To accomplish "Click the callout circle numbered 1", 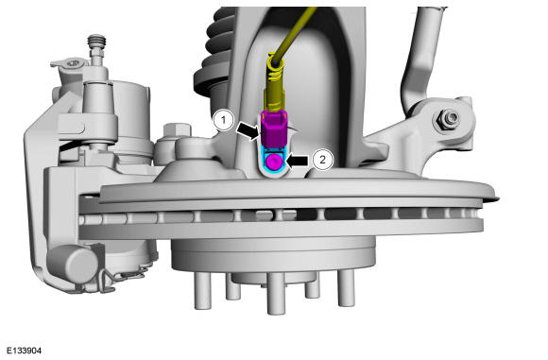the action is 224,121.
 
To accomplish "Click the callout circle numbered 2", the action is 322,160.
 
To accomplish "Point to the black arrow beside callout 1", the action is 249,130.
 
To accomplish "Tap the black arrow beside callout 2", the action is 298,161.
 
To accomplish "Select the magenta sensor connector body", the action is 274,129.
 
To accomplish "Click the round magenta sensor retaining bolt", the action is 274,163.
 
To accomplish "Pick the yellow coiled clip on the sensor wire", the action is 276,67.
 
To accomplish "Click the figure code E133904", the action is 25,351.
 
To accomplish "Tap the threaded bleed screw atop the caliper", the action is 96,43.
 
